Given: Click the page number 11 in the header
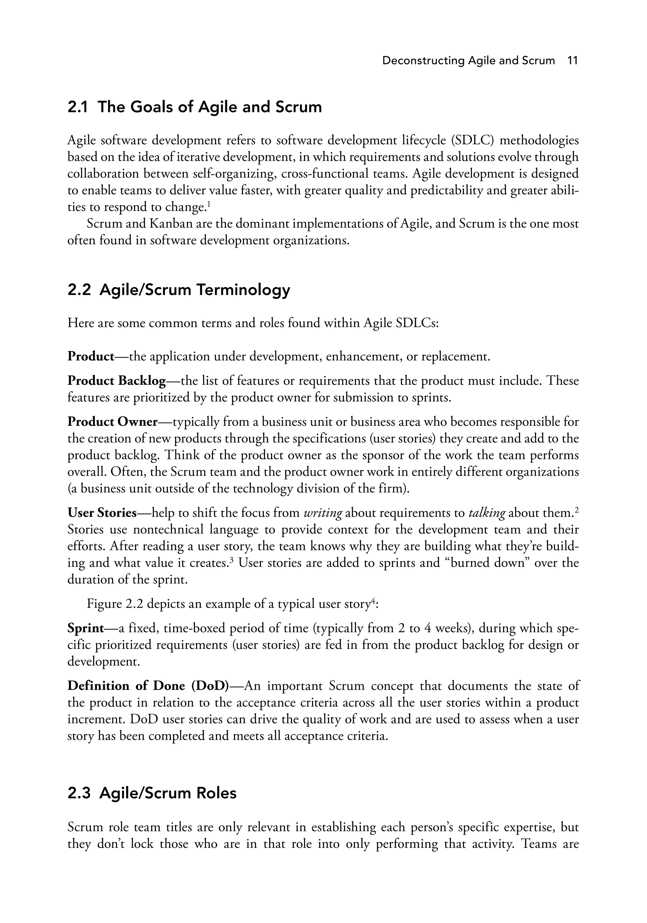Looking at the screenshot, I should (572, 61).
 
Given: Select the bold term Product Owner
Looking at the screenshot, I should (112, 422).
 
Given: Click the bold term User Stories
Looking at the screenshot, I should (102, 513).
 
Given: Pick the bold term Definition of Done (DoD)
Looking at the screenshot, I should (148, 685).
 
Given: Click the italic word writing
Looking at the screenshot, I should (323, 513).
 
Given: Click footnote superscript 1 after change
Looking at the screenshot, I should (209, 204).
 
